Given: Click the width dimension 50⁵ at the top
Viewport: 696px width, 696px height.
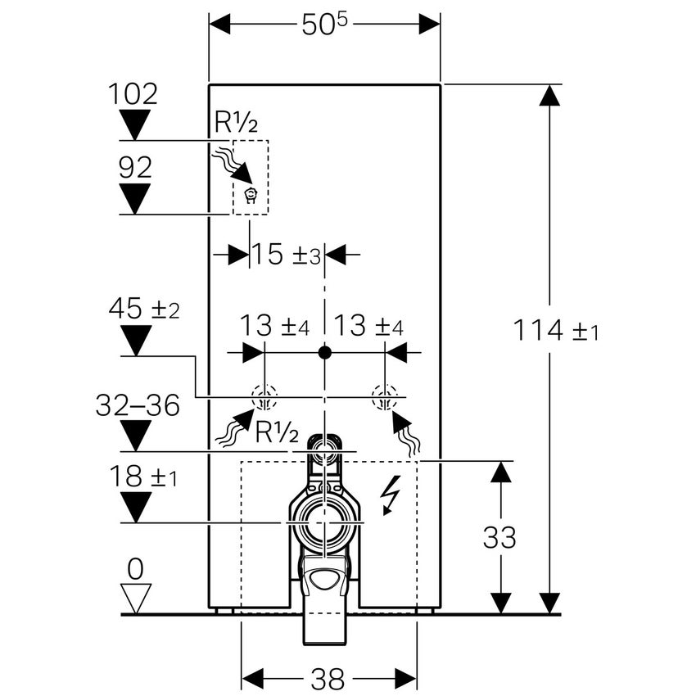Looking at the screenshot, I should click(x=324, y=24).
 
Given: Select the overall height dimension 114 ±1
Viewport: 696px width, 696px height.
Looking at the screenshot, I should click(x=556, y=331).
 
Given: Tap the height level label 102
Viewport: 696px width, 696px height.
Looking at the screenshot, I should click(x=133, y=93).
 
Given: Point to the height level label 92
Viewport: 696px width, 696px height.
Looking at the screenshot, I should click(x=134, y=168).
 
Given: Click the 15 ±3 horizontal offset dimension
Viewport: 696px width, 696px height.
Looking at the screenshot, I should click(x=286, y=255).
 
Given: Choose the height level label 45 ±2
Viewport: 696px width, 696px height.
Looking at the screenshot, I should click(x=144, y=309).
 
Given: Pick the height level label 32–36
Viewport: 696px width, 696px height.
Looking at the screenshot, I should click(x=138, y=404).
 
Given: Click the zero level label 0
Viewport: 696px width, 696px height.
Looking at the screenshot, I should click(x=135, y=567).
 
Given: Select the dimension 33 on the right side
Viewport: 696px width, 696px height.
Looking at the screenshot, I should click(x=499, y=537).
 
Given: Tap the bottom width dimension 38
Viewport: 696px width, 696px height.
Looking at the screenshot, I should click(x=328, y=678).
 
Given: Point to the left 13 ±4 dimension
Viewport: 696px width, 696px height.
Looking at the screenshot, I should click(x=275, y=327).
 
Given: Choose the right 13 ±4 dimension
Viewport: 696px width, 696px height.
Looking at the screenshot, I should click(x=368, y=327).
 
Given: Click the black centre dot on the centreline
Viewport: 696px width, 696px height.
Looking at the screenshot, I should click(x=325, y=353).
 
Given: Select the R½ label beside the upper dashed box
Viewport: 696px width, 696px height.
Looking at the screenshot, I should click(x=237, y=123).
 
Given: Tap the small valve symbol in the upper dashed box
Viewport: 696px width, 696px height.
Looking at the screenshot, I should click(x=251, y=196).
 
